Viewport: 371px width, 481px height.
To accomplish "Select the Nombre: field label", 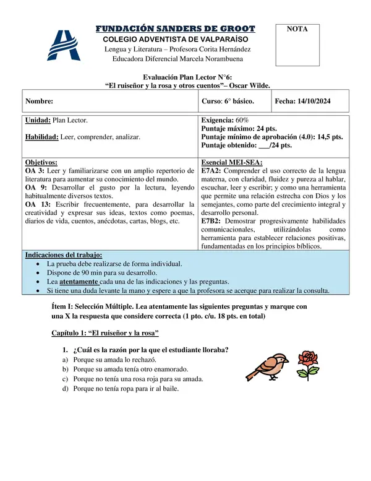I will (39, 101).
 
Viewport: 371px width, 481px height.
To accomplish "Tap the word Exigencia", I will (217, 120).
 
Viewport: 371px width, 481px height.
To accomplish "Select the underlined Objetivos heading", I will (41, 162).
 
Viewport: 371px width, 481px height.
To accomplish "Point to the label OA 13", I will (36, 204).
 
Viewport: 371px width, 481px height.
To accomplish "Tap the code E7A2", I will (211, 170).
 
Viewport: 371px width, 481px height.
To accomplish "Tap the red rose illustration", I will (307, 364).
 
